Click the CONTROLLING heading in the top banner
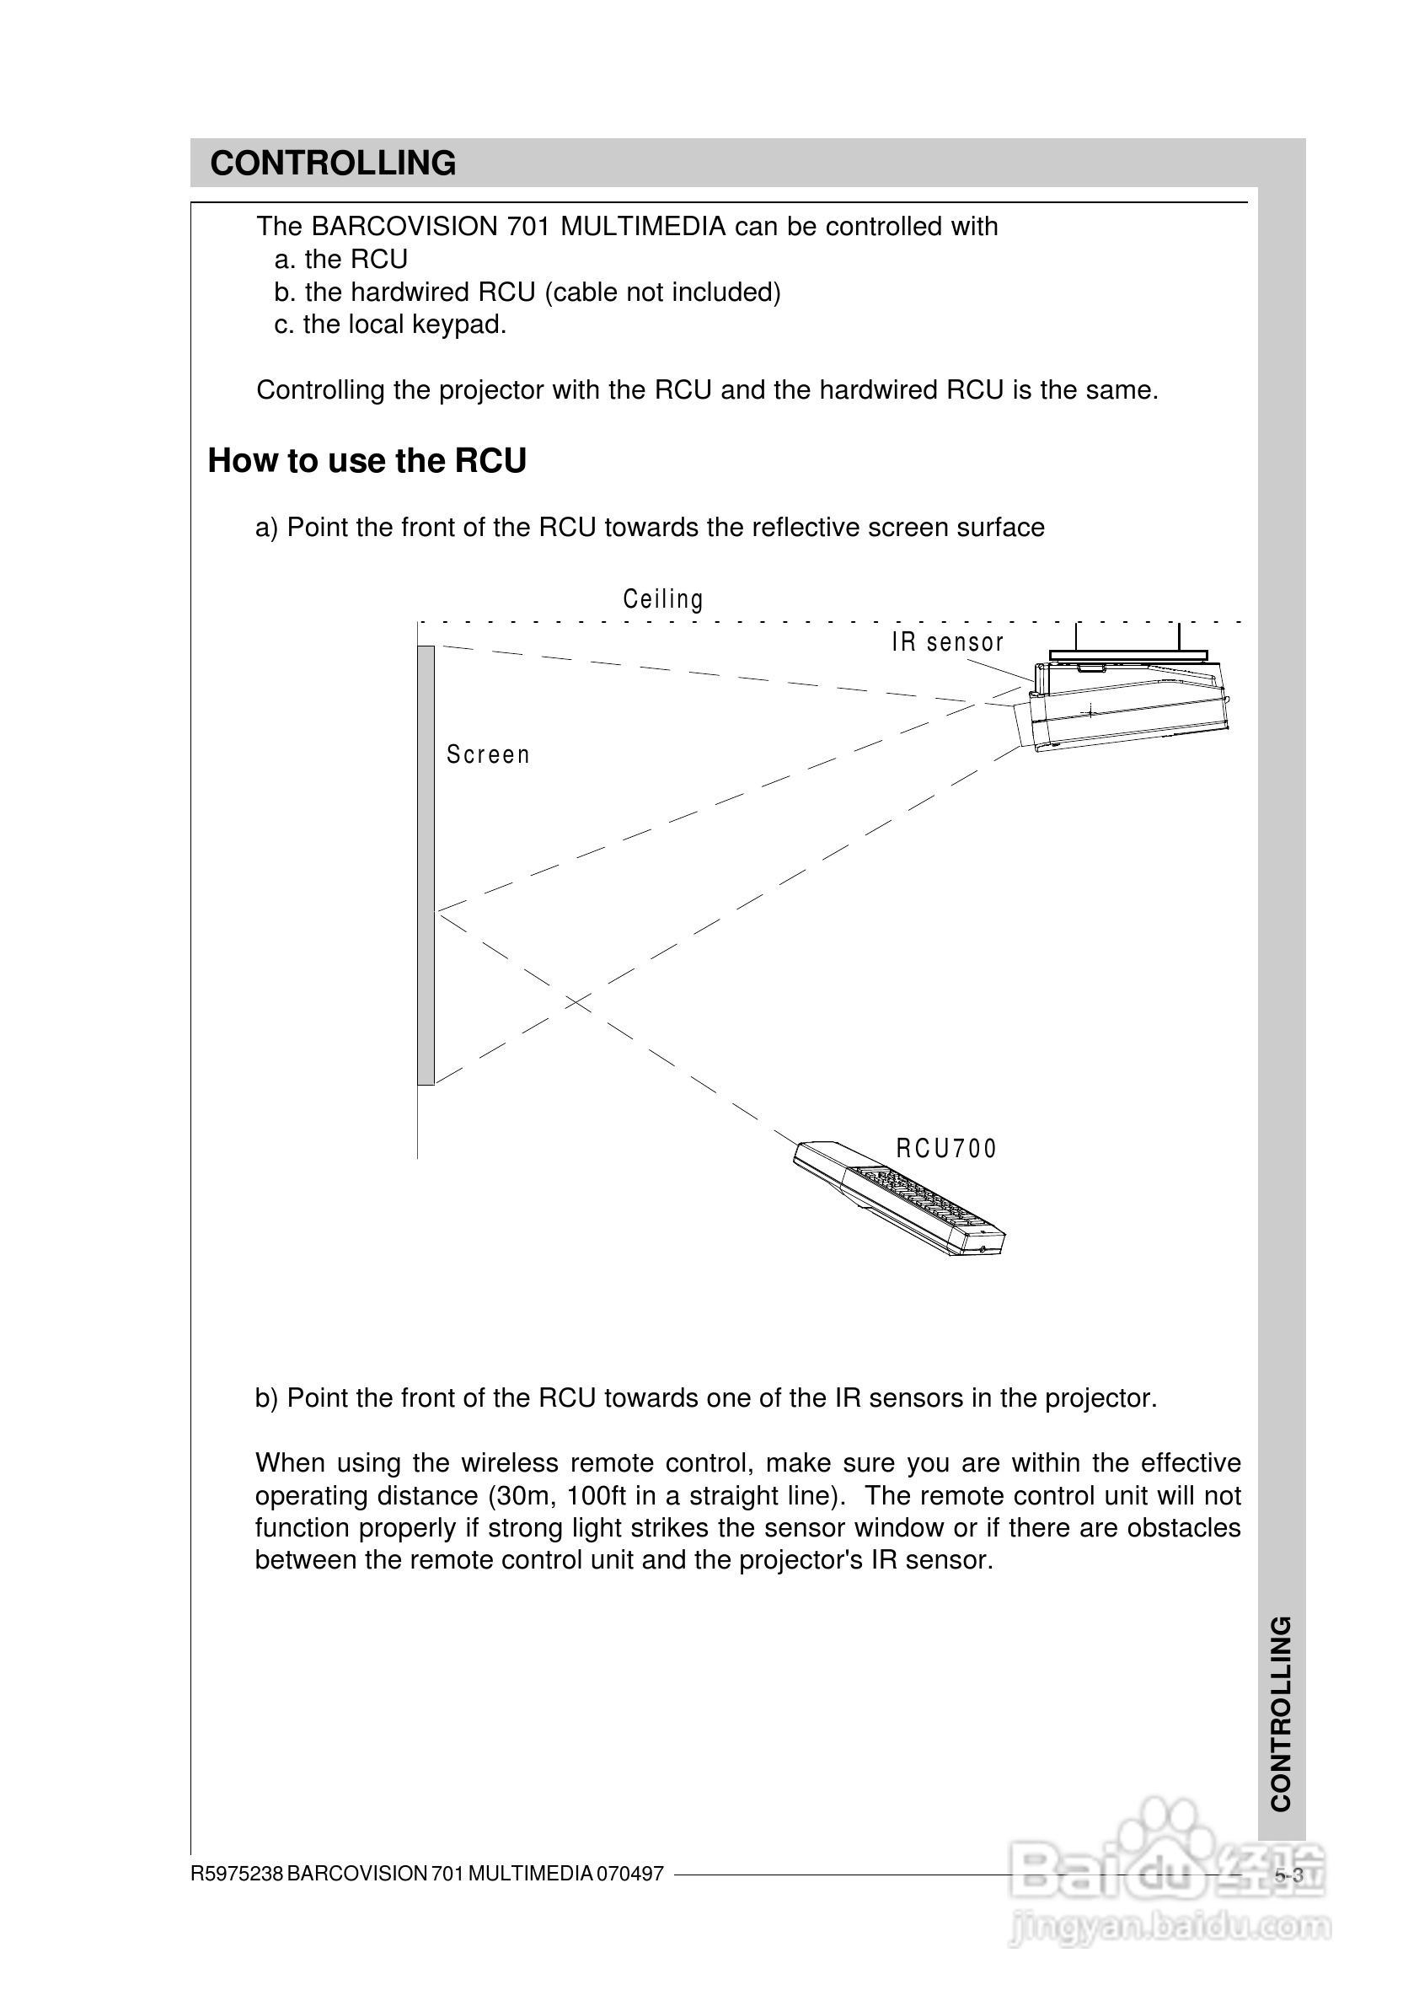coord(333,164)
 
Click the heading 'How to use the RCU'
coord(367,461)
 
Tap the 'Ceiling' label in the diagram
coord(663,599)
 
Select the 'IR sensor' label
coord(948,642)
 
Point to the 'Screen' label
coord(489,754)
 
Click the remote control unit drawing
coord(900,1198)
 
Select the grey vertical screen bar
coord(426,866)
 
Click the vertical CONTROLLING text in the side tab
coord(1281,1714)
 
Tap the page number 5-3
coord(1288,1875)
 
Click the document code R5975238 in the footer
coord(237,1874)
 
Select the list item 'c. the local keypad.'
coord(391,325)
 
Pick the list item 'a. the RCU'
coord(341,260)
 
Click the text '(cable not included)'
coord(662,292)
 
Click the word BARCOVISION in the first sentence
coord(404,227)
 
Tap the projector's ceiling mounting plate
coord(1128,654)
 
